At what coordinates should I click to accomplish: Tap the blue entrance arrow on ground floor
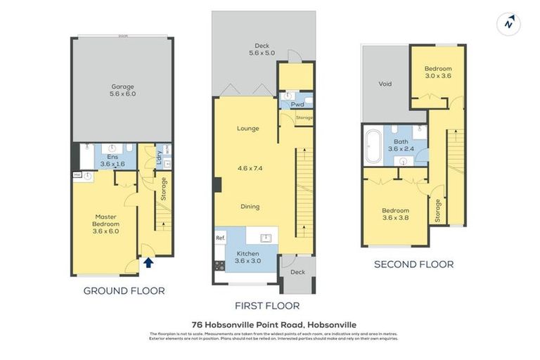pos(148,263)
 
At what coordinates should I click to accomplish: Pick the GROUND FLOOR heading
pos(124,290)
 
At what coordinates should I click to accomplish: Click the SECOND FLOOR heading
pos(413,264)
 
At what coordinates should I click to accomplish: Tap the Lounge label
pos(247,129)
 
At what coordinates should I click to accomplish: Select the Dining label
pos(250,207)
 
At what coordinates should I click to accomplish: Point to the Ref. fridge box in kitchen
pos(220,238)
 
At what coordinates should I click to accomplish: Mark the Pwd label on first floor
pos(288,104)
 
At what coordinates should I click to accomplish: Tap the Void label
pos(385,84)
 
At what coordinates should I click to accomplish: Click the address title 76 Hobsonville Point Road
pos(270,324)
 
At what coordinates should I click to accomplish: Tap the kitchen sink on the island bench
pos(267,238)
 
